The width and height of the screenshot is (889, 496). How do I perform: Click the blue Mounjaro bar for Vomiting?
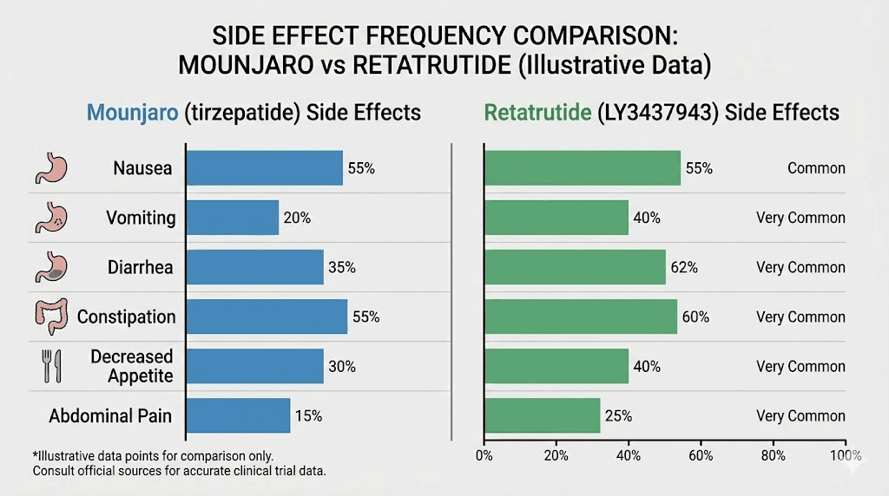click(x=233, y=218)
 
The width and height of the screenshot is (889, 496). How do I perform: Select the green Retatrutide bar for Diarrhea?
click(x=575, y=267)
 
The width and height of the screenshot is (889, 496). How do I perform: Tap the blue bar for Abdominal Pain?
click(x=239, y=415)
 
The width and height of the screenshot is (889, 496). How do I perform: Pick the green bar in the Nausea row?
click(x=583, y=168)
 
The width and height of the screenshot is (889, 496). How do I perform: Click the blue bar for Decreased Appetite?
click(x=255, y=366)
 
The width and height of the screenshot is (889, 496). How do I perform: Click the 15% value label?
click(x=308, y=416)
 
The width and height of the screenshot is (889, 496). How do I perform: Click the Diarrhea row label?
click(x=140, y=267)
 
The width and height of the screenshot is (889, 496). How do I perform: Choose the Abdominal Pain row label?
click(x=110, y=416)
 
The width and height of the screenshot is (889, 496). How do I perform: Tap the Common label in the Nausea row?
click(x=816, y=168)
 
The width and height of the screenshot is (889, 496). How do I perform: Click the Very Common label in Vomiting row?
click(x=800, y=218)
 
